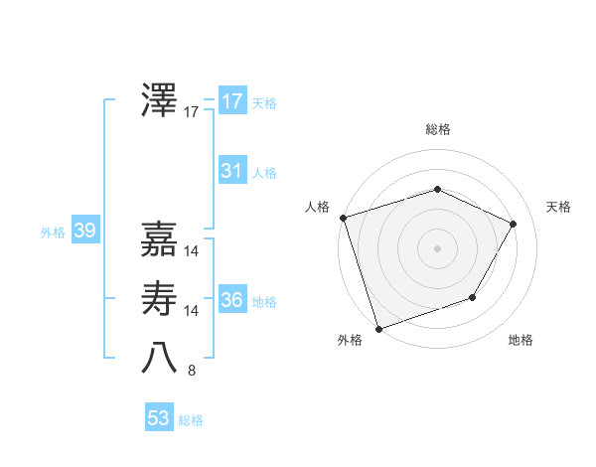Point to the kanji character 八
(x=160, y=358)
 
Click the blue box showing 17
(x=231, y=101)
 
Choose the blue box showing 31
(x=231, y=171)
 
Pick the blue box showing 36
(x=231, y=300)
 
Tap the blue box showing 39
(x=84, y=232)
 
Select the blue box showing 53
(x=159, y=418)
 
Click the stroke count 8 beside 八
(x=192, y=371)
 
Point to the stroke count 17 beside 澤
(x=192, y=112)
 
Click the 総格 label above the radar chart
(x=437, y=129)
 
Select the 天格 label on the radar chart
(x=559, y=207)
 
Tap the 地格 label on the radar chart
(x=521, y=341)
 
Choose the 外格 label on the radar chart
(x=350, y=341)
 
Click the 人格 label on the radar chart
(x=317, y=207)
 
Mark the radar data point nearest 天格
(x=514, y=224)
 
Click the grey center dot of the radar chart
(x=437, y=247)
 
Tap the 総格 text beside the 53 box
(x=191, y=420)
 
